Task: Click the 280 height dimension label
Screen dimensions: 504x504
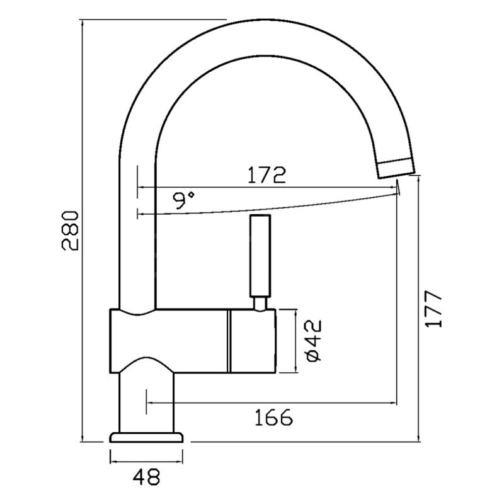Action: click(70, 231)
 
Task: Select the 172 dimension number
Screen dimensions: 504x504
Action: click(266, 175)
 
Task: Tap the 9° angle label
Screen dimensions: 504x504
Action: click(183, 200)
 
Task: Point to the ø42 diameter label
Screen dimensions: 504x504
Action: click(313, 340)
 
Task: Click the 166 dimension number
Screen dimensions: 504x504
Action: click(273, 417)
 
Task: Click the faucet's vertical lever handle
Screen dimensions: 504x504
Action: click(260, 256)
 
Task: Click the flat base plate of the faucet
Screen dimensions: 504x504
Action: click(146, 437)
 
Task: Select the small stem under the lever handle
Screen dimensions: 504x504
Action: click(260, 304)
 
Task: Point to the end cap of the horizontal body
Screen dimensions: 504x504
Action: click(253, 341)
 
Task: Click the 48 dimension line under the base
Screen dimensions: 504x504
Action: click(146, 462)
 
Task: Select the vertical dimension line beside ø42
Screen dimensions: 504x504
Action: click(295, 341)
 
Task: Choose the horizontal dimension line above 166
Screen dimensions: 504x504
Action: click(272, 402)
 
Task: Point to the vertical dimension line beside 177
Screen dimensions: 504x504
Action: click(418, 309)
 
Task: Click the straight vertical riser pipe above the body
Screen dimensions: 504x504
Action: click(137, 231)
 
